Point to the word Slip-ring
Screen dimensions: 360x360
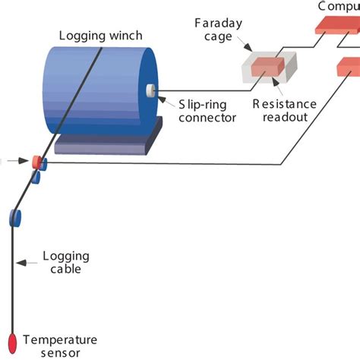click(x=201, y=104)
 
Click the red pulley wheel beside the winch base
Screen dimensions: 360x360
click(x=35, y=161)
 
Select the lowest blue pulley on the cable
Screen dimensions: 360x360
click(x=15, y=218)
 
